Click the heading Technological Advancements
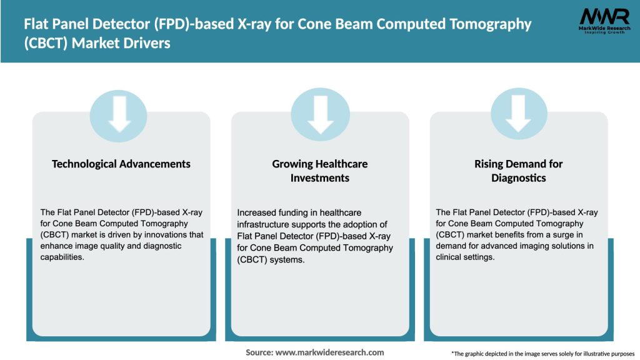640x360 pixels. click(121, 164)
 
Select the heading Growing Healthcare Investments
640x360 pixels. click(320, 171)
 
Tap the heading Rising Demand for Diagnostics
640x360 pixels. click(518, 171)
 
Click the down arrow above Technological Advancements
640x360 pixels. click(120, 112)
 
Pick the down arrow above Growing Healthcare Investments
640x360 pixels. click(320, 112)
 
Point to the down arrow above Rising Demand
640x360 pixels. click(518, 112)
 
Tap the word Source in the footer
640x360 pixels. click(259, 352)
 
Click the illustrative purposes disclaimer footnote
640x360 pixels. click(542, 354)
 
